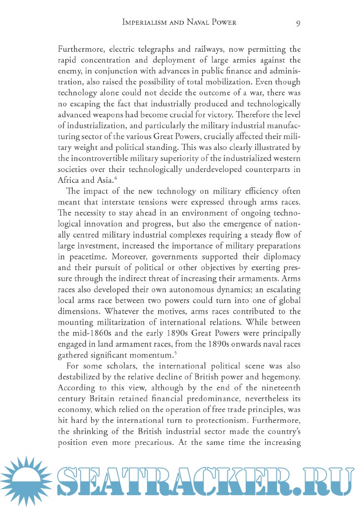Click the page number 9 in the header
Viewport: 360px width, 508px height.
pos(298,22)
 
